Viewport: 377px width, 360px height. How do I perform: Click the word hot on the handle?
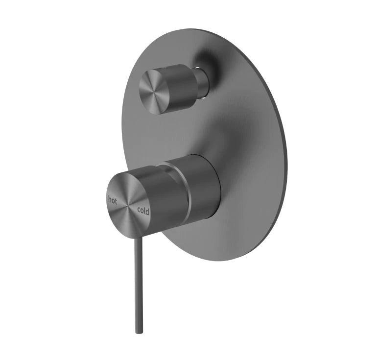pos(113,199)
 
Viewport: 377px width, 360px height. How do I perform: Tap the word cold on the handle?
pos(143,211)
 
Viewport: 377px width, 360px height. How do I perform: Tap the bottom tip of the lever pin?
pos(139,332)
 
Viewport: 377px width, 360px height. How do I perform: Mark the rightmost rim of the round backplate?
pos(286,147)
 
